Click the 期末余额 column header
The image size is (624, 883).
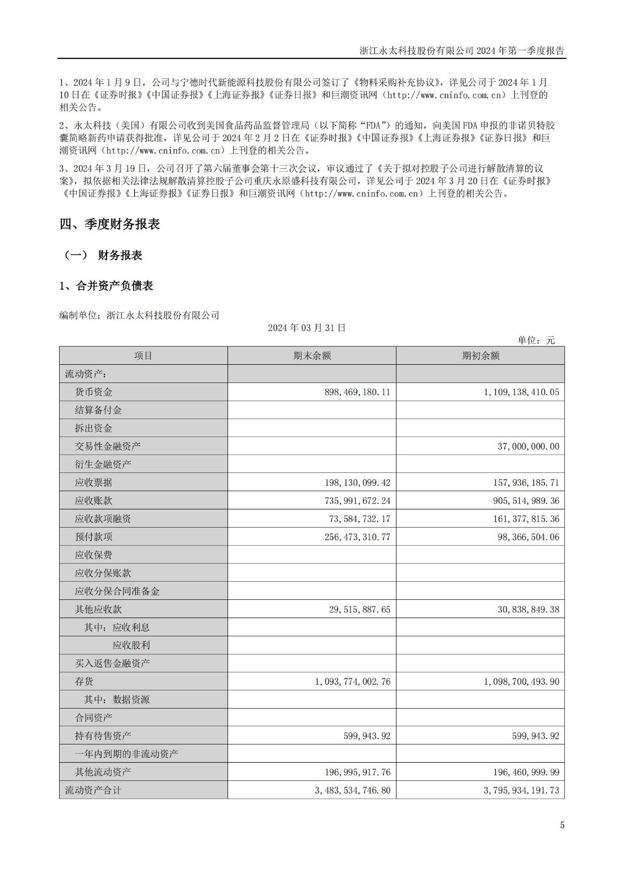tap(312, 356)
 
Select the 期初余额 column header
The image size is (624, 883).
tap(480, 356)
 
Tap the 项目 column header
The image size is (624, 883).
tap(143, 356)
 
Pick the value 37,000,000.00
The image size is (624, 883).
tap(528, 446)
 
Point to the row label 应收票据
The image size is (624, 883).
tap(93, 482)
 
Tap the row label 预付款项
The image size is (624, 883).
tap(93, 536)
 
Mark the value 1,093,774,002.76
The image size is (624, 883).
tap(353, 682)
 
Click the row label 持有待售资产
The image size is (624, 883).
tap(103, 736)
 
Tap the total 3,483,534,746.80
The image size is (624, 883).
tap(353, 790)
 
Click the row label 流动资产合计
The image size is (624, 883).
tap(93, 790)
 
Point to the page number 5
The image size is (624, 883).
tap(562, 826)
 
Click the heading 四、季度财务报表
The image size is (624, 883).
tap(110, 224)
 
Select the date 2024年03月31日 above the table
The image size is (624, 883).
tap(307, 328)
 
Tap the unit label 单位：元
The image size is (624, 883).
tap(536, 341)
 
